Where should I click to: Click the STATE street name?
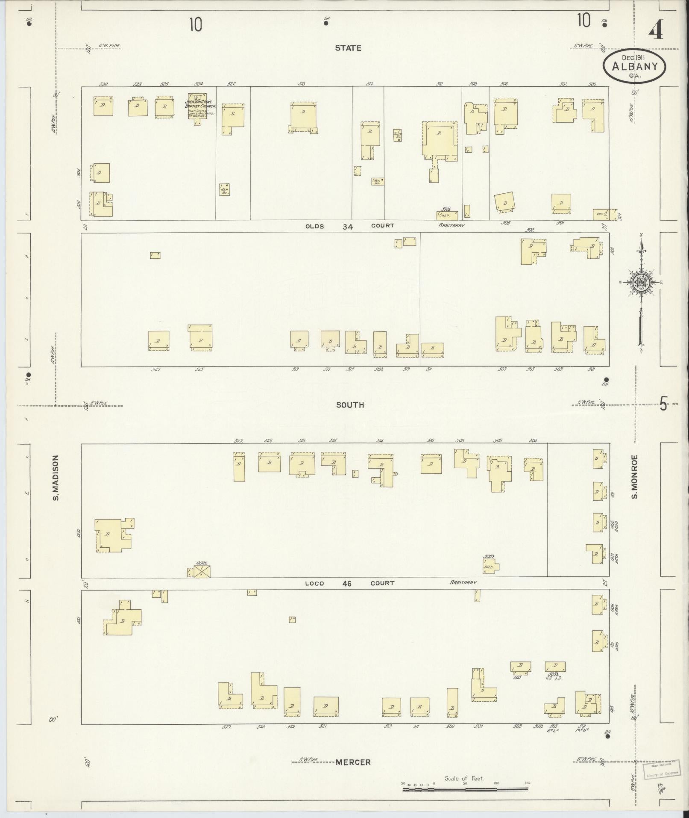348,48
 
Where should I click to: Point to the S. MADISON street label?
56,478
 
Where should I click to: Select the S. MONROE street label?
635,476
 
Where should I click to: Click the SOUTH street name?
350,405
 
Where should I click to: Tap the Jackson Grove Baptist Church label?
201,104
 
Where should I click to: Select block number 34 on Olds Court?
347,227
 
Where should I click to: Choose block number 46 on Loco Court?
346,583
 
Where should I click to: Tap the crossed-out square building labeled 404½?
202,571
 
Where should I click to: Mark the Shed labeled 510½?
447,216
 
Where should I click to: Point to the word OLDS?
315,226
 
